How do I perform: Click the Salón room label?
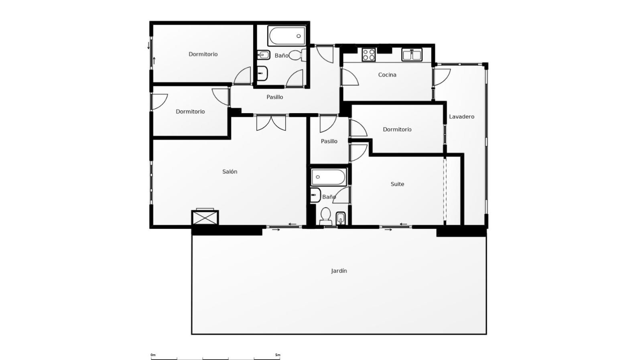[230, 172]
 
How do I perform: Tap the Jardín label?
[339, 271]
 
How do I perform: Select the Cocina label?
[387, 75]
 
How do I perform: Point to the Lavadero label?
[461, 117]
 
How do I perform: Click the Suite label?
[397, 184]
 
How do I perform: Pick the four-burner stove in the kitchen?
[369, 55]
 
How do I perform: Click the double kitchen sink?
[412, 55]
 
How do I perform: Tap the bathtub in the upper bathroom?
[286, 36]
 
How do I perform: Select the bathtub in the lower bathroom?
[329, 177]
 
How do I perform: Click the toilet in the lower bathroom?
[325, 216]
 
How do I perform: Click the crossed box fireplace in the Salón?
[205, 218]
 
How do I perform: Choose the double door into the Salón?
[271, 123]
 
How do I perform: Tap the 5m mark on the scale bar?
[277, 355]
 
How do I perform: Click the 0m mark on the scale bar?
[153, 355]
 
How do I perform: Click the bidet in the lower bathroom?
[341, 218]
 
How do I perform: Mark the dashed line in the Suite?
[445, 190]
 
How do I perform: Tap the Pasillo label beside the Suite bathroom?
[329, 141]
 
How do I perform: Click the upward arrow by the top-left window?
[154, 61]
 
